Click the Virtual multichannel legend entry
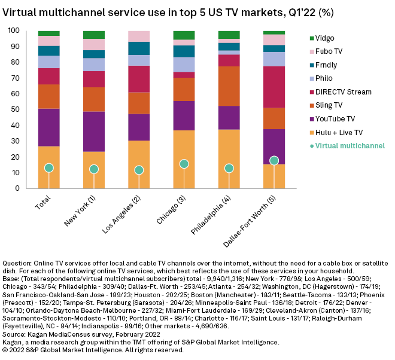tap(350, 145)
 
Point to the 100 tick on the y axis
tap(13, 30)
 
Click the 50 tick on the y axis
tap(15, 109)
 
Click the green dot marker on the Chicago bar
tap(184, 164)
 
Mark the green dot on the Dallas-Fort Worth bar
tap(274, 160)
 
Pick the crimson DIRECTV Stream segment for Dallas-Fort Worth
tap(274, 87)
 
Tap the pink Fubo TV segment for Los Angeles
tap(139, 36)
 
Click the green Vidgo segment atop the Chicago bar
tap(184, 35)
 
